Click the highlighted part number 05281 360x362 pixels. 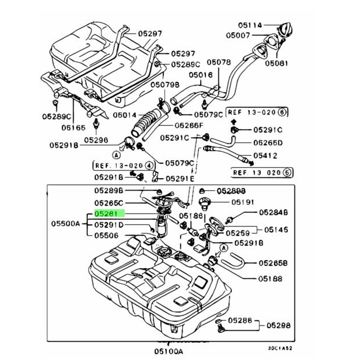coord(109,213)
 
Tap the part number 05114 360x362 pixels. coord(250,25)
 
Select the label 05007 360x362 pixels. coord(238,36)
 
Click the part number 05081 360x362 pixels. coord(276,63)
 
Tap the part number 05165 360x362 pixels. coord(73,128)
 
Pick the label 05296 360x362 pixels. coord(96,140)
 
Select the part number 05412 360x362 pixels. coord(265,156)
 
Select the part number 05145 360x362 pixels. coord(276,229)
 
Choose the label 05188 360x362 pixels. coord(270,279)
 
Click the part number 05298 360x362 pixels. coord(279,325)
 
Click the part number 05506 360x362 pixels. coord(106,236)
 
